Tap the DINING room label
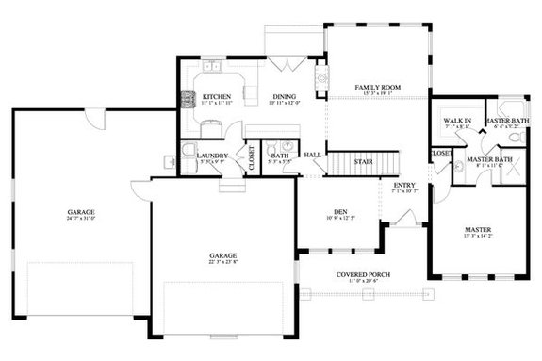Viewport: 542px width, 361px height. click(x=285, y=96)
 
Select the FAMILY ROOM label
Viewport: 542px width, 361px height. click(x=377, y=87)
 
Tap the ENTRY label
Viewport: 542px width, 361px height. click(x=403, y=185)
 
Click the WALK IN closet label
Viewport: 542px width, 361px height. click(x=457, y=121)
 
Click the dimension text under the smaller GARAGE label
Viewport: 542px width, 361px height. click(x=222, y=262)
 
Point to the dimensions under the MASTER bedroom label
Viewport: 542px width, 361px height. click(x=477, y=236)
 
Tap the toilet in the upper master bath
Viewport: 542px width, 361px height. click(x=514, y=138)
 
